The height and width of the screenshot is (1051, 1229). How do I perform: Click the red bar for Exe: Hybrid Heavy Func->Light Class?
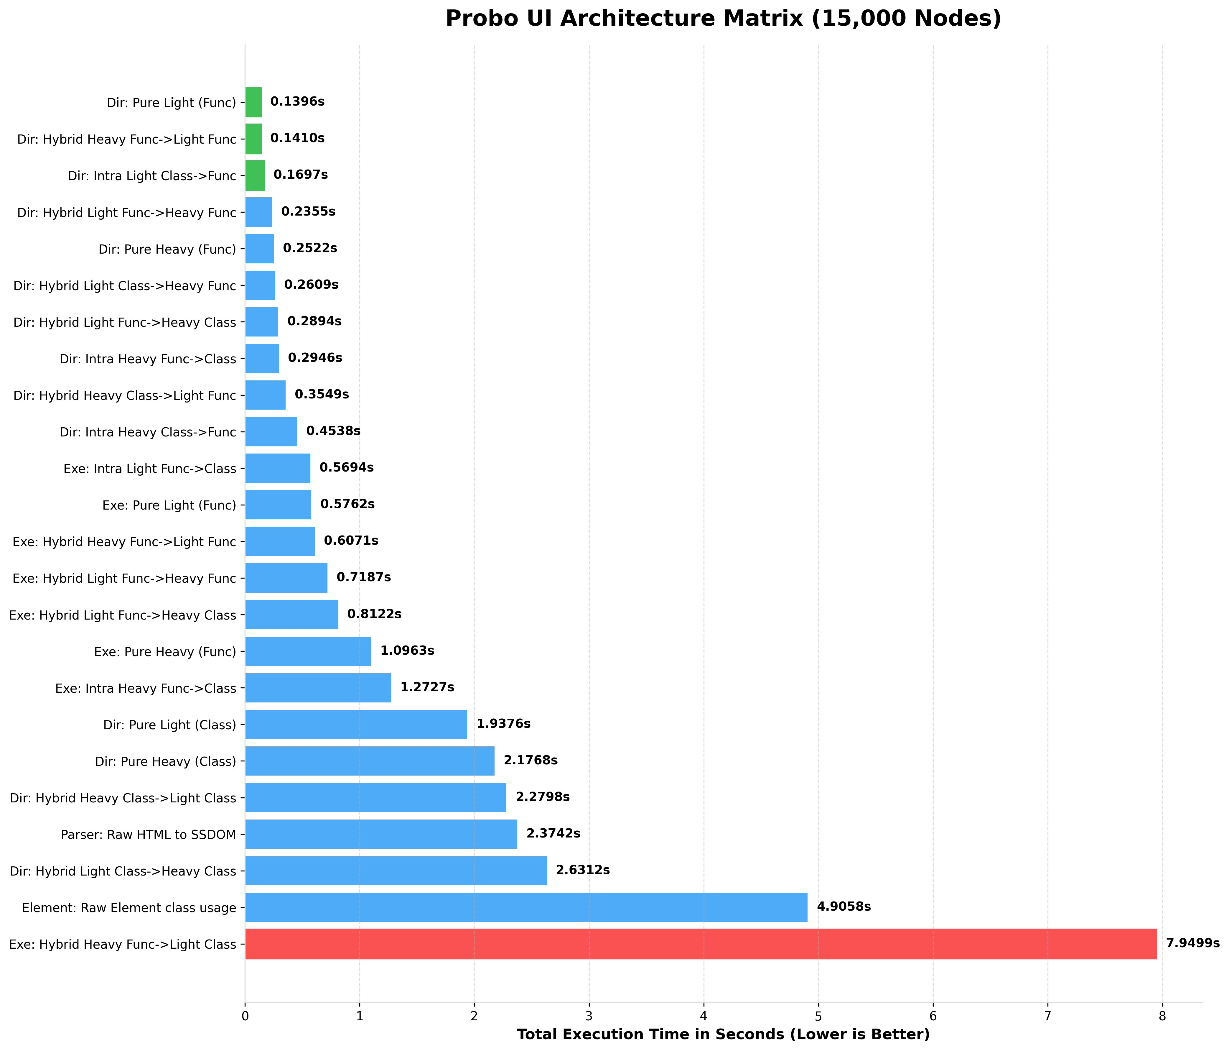pyautogui.click(x=700, y=944)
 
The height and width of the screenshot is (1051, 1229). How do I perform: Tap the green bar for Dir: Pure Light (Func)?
pyautogui.click(x=253, y=102)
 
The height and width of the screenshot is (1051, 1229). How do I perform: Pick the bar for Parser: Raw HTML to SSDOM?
pyautogui.click(x=381, y=834)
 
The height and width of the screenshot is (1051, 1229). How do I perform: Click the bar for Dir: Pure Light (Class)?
pyautogui.click(x=356, y=724)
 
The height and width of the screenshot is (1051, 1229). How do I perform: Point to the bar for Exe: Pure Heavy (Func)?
pyautogui.click(x=308, y=651)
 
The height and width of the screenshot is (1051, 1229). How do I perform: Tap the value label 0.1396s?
pyautogui.click(x=297, y=102)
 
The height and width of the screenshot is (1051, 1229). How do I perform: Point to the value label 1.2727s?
pyautogui.click(x=427, y=687)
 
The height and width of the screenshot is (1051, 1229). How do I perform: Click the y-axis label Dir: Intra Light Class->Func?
pyautogui.click(x=152, y=176)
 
